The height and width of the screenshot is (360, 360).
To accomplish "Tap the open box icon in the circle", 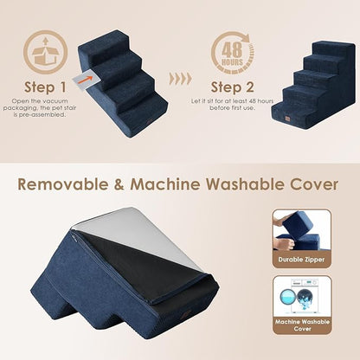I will click(44, 52).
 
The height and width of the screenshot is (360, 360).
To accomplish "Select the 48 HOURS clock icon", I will click(230, 52).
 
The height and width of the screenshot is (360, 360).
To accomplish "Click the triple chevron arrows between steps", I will click(180, 78).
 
